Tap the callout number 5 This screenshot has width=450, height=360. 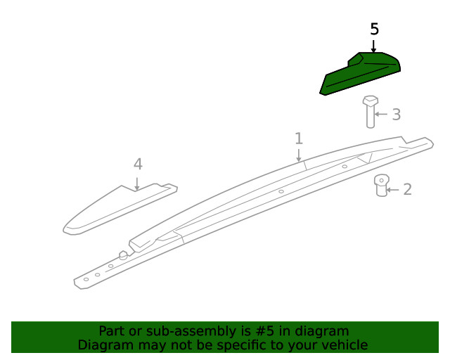pos(374,29)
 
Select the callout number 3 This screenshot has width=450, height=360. pos(397,115)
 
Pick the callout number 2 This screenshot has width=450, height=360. pos(408,189)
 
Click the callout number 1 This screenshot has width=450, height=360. pos(299,139)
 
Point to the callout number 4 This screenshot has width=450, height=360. pos(138,165)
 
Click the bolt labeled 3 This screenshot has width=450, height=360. pos(371,112)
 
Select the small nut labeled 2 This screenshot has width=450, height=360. pos(382,185)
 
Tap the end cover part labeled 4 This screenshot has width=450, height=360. pos(120,209)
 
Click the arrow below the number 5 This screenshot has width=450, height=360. pos(373,46)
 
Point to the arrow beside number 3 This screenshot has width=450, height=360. pos(381,115)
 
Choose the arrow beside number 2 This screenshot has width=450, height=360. pos(392,190)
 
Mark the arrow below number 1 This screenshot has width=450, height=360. pos(299,155)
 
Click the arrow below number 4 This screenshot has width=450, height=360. pos(137,184)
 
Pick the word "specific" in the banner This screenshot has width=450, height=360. pos(241,345)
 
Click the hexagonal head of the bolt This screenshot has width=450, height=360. pos(371,101)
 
